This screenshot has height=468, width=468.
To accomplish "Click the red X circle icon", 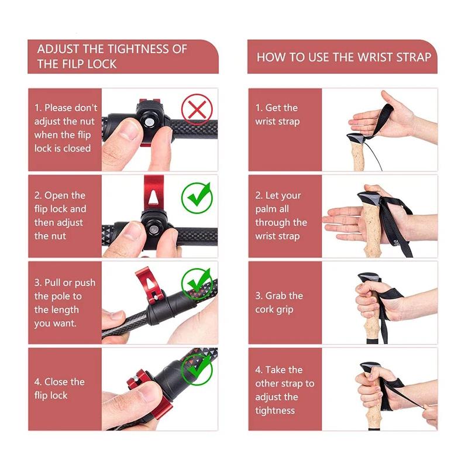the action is (197, 109).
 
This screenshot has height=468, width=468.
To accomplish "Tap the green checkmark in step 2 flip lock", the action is (197, 198).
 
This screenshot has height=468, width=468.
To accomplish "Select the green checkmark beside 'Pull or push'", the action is (197, 284).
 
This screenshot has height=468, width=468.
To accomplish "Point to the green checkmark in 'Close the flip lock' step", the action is (197, 370).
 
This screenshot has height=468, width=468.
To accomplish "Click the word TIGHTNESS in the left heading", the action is (139, 49).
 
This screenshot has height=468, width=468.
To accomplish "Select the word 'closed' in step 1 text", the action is (77, 149).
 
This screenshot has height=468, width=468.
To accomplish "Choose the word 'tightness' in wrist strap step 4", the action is (275, 411).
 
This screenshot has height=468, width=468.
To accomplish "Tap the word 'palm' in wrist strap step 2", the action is (264, 209).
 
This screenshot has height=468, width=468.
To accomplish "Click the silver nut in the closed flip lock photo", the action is (149, 123).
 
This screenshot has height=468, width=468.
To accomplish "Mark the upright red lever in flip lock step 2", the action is (154, 192).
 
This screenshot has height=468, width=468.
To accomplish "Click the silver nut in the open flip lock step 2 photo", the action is (154, 229).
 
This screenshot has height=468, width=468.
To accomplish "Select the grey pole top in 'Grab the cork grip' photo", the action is (370, 277).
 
